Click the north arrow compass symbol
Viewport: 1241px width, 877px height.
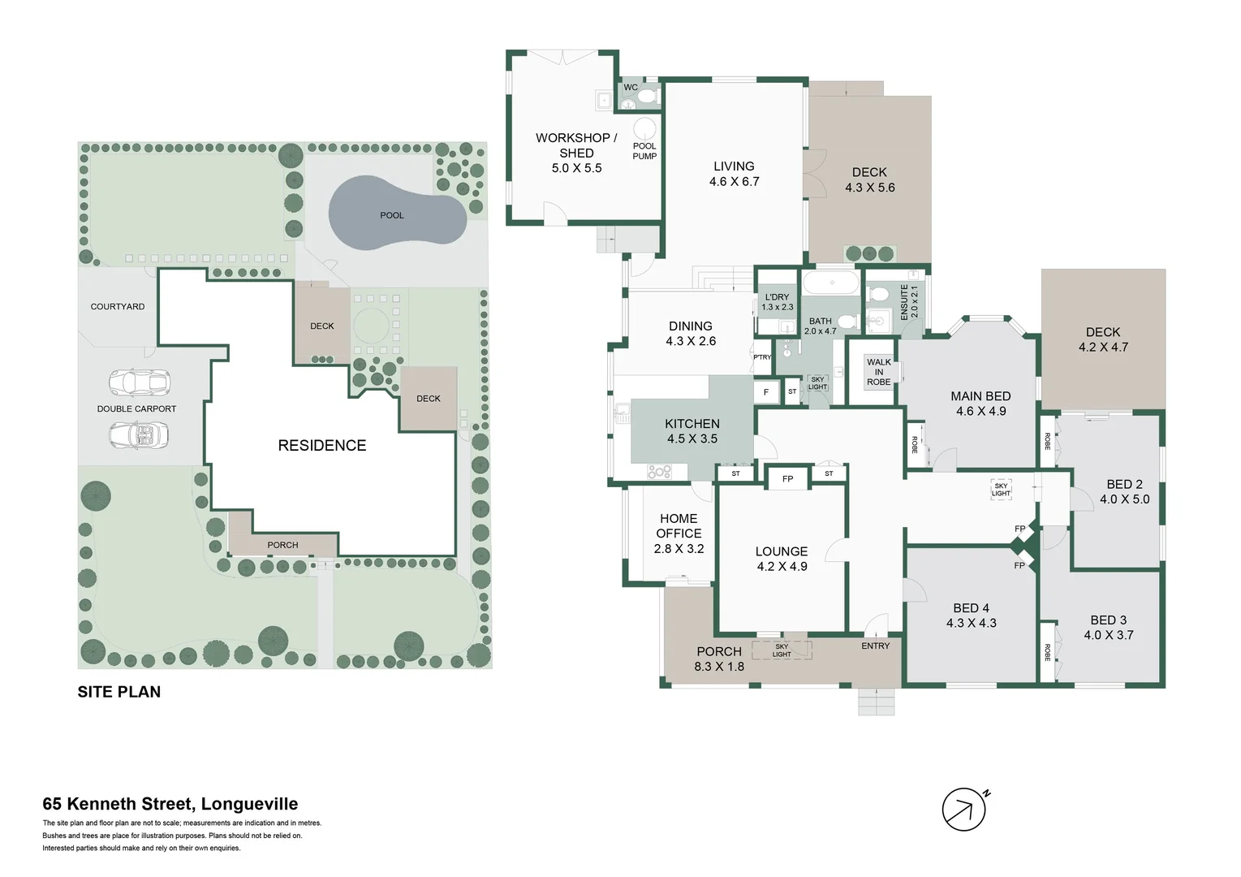[x=963, y=810]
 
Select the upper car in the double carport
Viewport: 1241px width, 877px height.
[x=139, y=381]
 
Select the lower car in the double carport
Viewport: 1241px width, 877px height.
[x=139, y=435]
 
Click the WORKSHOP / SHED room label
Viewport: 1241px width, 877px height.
[x=576, y=145]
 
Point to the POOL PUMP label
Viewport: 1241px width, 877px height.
[x=644, y=151]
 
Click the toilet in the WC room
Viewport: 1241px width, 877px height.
[x=647, y=97]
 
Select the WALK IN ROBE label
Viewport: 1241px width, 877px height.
[x=878, y=372]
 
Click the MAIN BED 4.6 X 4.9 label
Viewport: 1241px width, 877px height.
[x=980, y=404]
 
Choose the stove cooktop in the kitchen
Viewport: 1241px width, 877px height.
[x=659, y=471]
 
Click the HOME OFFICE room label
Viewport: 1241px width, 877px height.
[x=679, y=526]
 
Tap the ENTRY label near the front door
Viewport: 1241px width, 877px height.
[x=875, y=646]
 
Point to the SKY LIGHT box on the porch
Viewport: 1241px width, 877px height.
[x=782, y=650]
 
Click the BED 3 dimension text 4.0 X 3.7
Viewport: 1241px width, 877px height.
[x=1108, y=635]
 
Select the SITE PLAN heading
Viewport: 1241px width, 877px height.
[x=118, y=692]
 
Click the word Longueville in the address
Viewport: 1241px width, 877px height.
[x=249, y=804]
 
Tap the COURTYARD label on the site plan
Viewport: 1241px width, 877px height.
[x=118, y=306]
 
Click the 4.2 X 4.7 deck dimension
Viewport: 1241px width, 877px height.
[x=1103, y=347]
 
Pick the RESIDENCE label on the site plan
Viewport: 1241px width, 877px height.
[x=321, y=445]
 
